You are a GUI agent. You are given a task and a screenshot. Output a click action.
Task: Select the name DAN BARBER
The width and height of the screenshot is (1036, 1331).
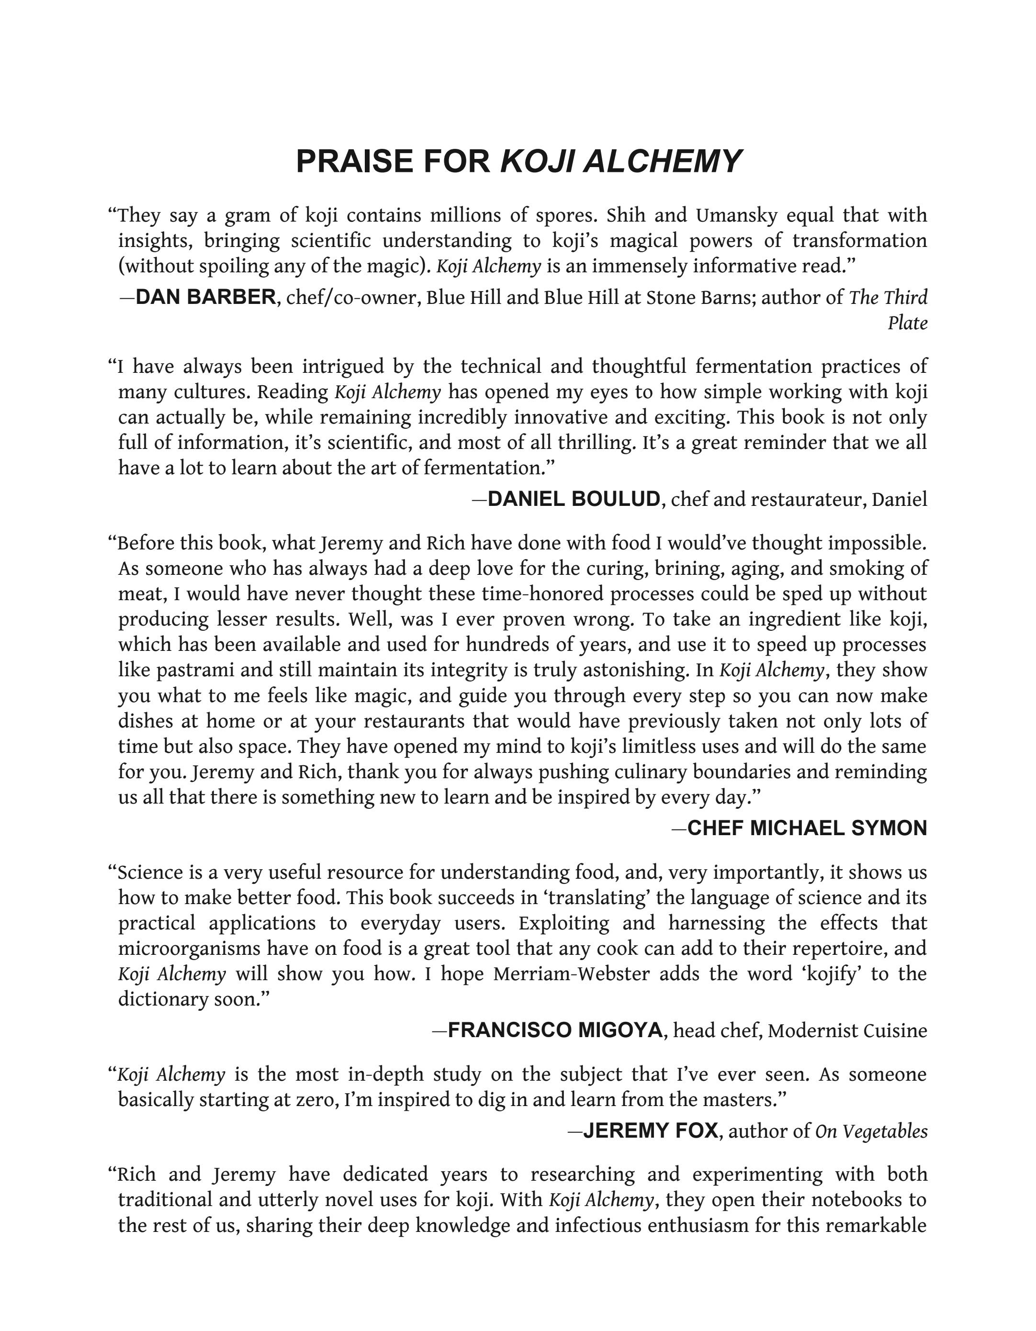point(205,297)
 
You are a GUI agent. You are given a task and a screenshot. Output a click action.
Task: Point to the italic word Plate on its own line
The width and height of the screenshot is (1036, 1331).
point(907,323)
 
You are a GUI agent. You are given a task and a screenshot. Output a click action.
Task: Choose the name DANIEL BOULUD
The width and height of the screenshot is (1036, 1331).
point(574,499)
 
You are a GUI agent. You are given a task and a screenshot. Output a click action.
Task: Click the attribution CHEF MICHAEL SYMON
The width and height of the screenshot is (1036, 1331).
point(807,828)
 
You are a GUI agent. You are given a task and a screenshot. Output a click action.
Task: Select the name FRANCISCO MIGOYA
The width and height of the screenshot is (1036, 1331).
point(555,1030)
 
